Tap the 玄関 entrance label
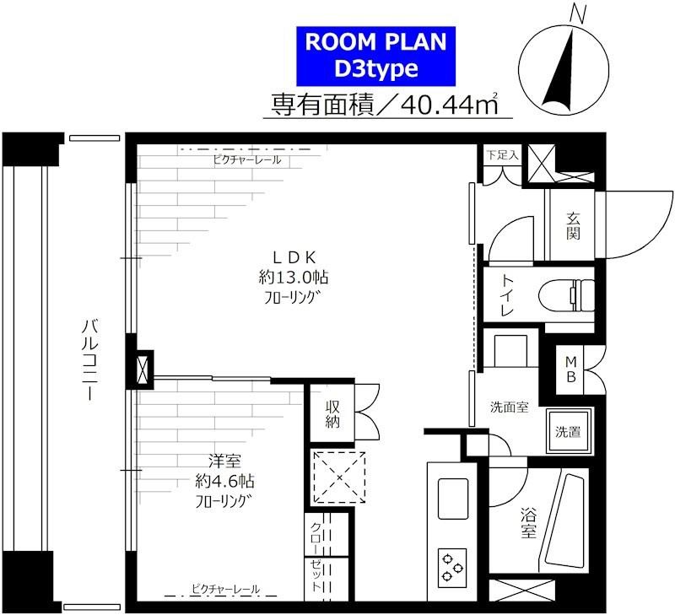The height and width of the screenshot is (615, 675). click(573, 225)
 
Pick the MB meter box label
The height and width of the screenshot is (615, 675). click(570, 369)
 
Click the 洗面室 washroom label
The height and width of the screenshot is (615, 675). click(509, 407)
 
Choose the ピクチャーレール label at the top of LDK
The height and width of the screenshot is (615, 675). click(246, 159)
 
